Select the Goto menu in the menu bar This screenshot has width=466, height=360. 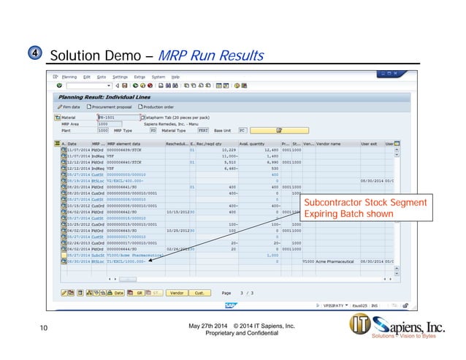point(102,77)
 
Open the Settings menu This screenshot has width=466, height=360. point(120,77)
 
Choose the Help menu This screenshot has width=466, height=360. point(175,77)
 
